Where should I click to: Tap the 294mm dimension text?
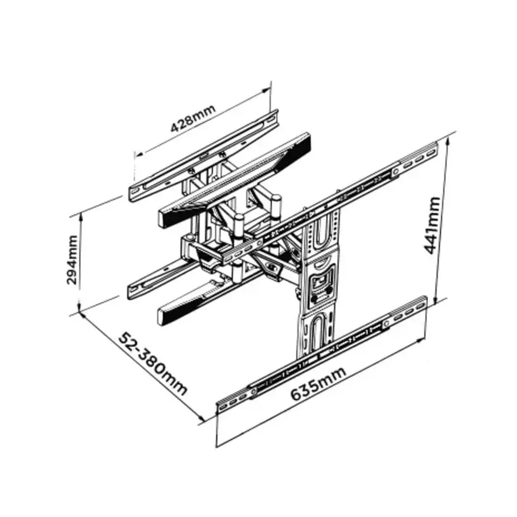(x=72, y=260)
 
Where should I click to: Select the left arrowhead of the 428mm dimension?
(x=139, y=154)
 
